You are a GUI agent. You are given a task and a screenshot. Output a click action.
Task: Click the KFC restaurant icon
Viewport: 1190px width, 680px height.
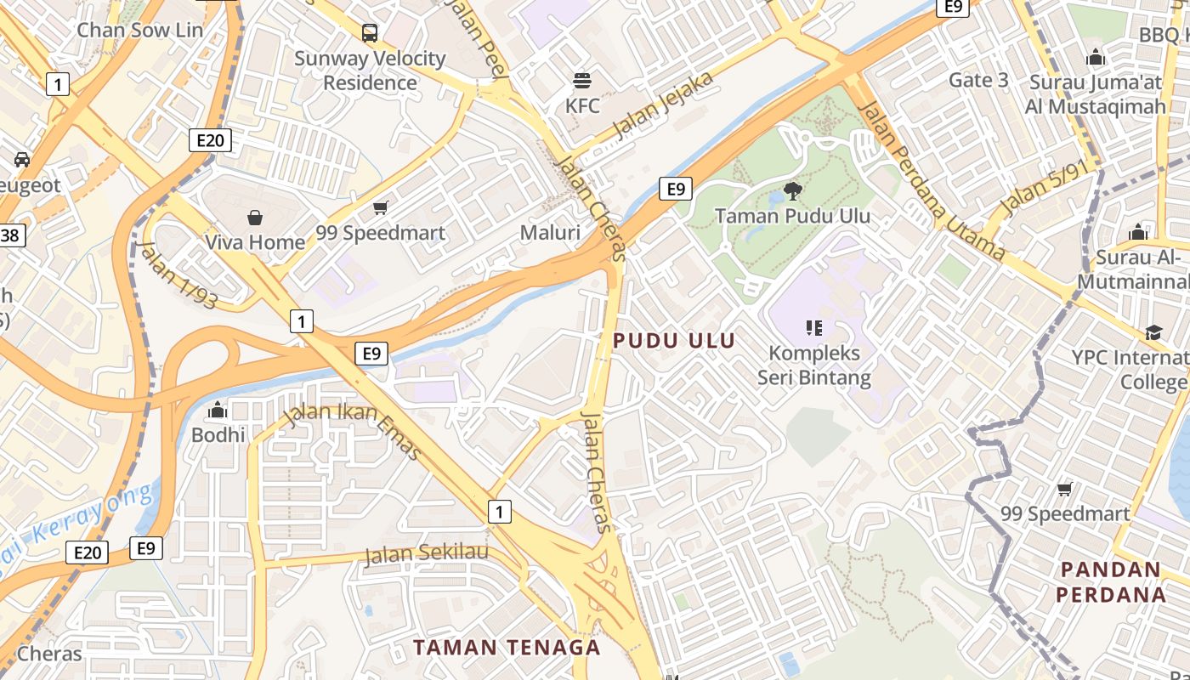[x=582, y=81]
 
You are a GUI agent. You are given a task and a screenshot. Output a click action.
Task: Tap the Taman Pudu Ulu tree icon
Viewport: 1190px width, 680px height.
[x=793, y=190]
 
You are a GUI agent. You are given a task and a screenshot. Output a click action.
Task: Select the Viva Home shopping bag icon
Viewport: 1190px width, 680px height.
[x=255, y=218]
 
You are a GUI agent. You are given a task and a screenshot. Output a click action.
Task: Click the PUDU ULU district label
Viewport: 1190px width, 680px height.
[x=674, y=341]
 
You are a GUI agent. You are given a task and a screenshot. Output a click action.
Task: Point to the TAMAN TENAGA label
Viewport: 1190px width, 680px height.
[x=507, y=647]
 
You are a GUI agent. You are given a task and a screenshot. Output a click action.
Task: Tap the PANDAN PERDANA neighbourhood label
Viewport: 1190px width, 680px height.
[x=1110, y=581]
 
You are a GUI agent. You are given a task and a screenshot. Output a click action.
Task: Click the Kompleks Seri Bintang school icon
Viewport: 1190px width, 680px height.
[x=814, y=327]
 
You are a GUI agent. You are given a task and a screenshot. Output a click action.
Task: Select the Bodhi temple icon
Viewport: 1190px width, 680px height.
[x=218, y=410]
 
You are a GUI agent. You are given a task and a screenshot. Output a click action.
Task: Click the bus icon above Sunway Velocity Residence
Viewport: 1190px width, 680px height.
[x=370, y=33]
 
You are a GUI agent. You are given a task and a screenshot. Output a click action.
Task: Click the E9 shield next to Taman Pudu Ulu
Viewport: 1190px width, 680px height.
[x=676, y=189]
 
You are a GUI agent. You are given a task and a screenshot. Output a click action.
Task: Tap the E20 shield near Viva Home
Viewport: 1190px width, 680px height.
[x=209, y=140]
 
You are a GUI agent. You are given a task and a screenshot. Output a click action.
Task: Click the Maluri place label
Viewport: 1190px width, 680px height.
[x=550, y=233]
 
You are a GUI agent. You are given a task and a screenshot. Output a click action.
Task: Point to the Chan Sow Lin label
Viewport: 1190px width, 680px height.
[x=140, y=31]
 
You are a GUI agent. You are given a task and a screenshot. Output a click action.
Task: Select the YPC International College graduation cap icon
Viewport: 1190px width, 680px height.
[x=1153, y=332]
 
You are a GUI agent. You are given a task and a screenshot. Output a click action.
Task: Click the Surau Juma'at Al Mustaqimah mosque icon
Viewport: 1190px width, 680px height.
[x=1096, y=58]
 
